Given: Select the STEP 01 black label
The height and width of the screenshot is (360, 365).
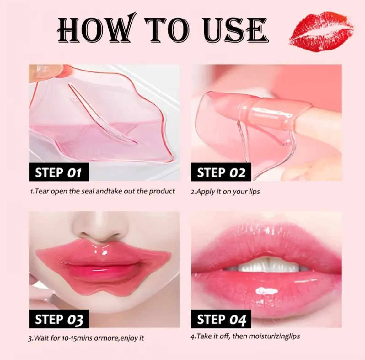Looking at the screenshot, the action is click(x=59, y=172).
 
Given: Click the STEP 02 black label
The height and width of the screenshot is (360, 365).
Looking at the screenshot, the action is click(x=221, y=172).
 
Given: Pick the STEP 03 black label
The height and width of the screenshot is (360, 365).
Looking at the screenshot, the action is click(x=59, y=319).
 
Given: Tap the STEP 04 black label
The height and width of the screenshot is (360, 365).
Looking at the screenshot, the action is click(x=221, y=319).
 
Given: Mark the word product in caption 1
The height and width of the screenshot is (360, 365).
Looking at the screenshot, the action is click(x=162, y=191).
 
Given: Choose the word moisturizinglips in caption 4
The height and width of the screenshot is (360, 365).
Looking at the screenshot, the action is click(x=274, y=336).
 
